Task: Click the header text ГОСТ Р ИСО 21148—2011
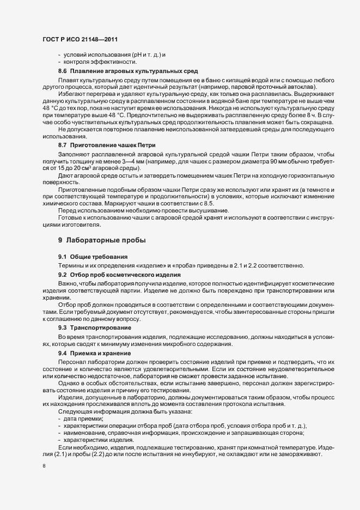click(80, 40)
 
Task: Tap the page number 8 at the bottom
click(44, 466)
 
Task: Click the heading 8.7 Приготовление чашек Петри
click(107, 145)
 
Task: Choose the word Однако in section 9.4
click(69, 385)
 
